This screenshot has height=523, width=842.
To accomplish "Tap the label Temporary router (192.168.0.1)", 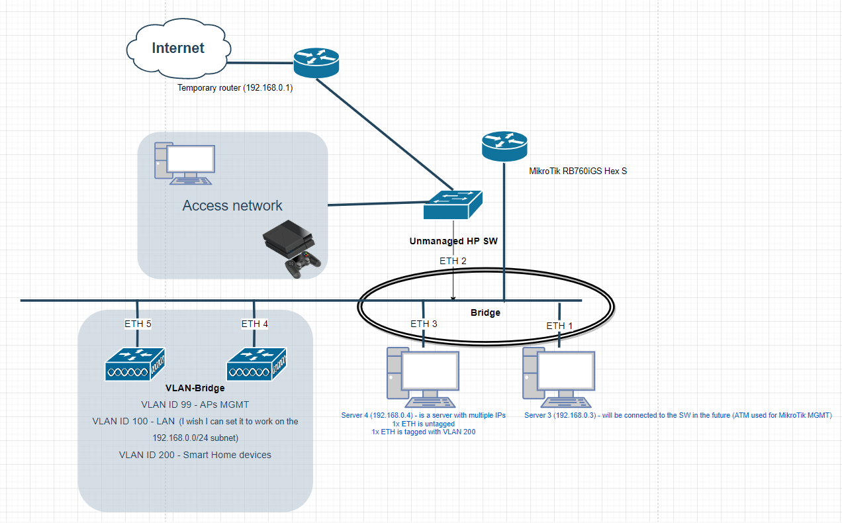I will coord(235,87).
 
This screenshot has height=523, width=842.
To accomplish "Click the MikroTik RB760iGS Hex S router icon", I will coord(504,145).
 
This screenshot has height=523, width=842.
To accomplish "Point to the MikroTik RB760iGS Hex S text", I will coord(578,171).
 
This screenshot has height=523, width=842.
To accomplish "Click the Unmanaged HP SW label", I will coord(453,242).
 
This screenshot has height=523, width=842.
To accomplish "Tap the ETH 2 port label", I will coord(453,261).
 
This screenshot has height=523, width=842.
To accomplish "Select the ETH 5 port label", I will coord(138,324).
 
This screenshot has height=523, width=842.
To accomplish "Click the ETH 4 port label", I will coord(255,324).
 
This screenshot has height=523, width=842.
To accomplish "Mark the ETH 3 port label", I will coord(424,324).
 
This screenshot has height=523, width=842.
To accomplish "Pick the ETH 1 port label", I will coord(559,326).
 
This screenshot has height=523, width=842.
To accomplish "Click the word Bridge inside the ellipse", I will coord(485,312).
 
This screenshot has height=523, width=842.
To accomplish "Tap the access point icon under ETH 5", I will coord(135,363).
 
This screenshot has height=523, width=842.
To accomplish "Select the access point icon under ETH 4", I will coord(257,363).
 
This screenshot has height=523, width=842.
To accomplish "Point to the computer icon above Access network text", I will coord(185,163).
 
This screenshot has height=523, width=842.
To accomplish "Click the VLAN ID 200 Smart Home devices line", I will coord(195,455).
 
